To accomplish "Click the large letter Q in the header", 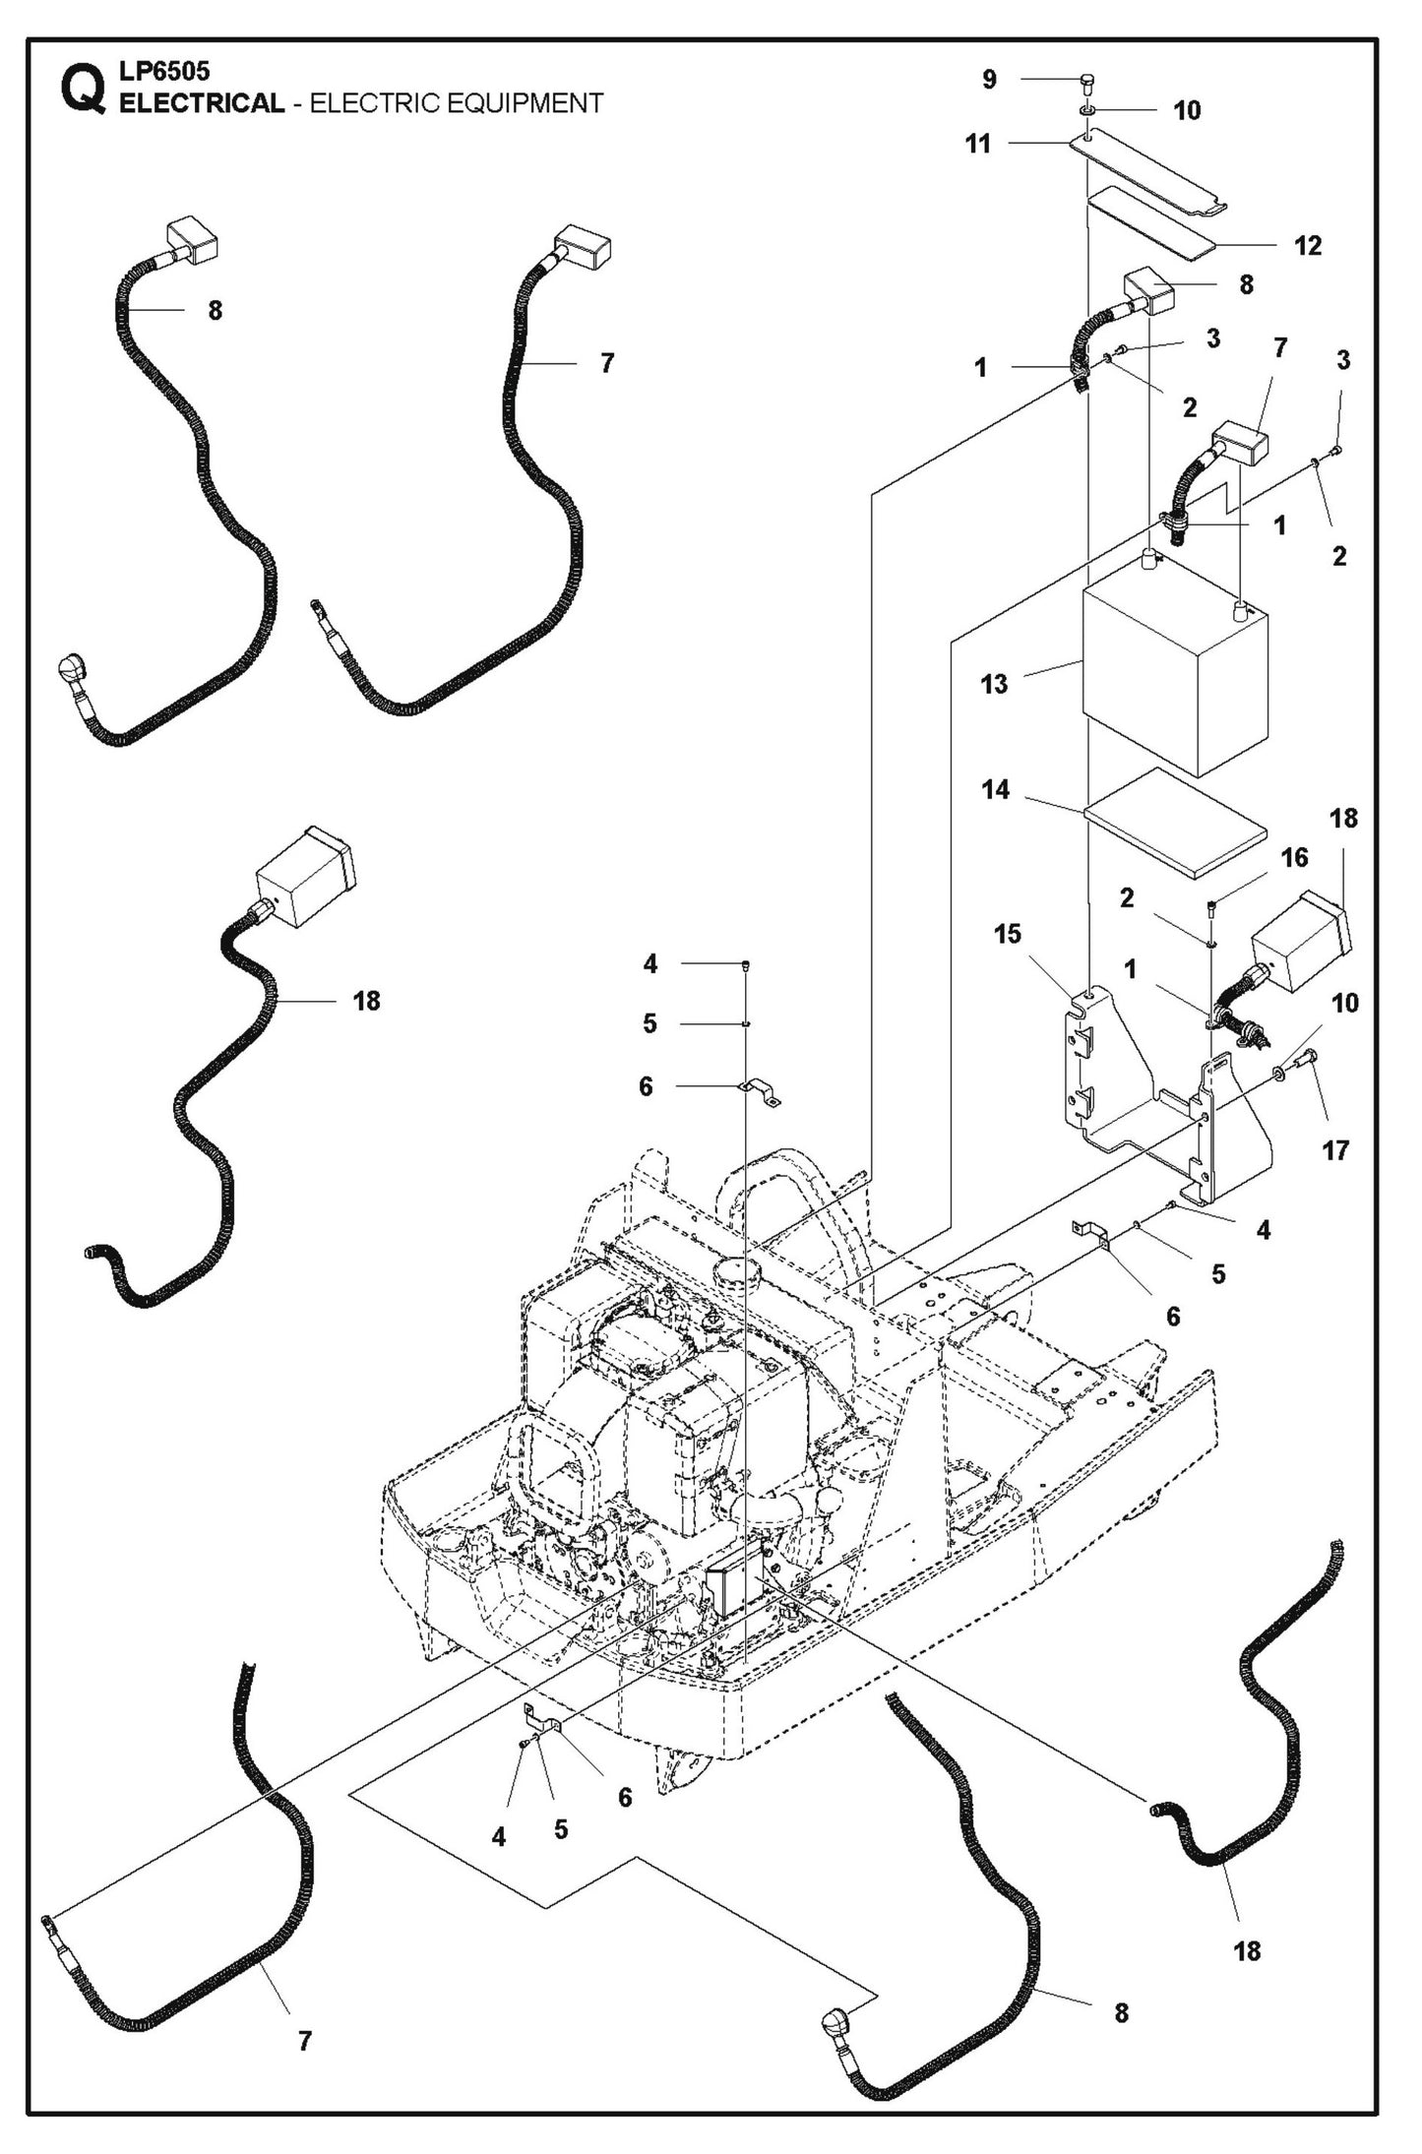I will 83,91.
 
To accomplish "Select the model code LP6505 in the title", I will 163,71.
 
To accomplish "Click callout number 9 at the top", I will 989,80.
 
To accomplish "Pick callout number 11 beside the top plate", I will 977,144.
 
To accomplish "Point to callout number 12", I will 1307,245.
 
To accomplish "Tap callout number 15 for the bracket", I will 1007,933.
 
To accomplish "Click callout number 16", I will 1294,858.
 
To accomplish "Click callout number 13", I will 994,684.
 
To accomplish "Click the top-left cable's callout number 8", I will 215,311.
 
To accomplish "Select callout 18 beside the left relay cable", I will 366,1001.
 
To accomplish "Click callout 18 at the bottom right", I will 1246,1950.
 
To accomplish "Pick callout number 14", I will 995,789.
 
